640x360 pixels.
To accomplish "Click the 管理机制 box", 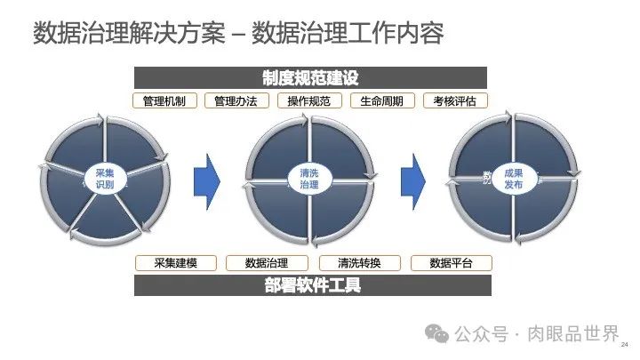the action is click(164, 100).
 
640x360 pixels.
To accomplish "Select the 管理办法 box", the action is click(236, 100).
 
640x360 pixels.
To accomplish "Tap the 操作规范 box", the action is click(309, 100).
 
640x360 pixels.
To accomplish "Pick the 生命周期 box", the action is click(382, 100).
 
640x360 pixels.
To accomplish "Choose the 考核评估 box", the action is click(455, 100).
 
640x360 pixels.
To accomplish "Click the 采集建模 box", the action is click(174, 263).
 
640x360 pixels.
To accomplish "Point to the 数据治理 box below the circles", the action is click(267, 263).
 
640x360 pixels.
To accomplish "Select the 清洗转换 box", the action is click(359, 263).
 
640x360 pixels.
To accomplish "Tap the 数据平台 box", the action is click(451, 263).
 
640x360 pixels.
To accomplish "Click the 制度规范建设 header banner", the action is click(310, 78).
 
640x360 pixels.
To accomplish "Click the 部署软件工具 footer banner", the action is click(312, 285).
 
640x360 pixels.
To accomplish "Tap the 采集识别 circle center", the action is click(105, 178).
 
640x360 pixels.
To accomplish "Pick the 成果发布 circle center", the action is click(513, 178).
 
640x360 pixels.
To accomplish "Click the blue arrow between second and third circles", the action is click(412, 178).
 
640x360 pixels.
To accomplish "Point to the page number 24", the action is click(624, 344).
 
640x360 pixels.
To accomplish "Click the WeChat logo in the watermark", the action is click(437, 333).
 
